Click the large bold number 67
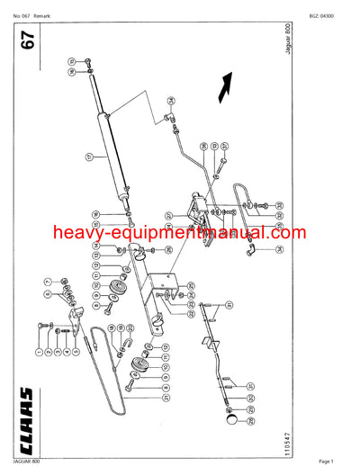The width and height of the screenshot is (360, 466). (x=29, y=44)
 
